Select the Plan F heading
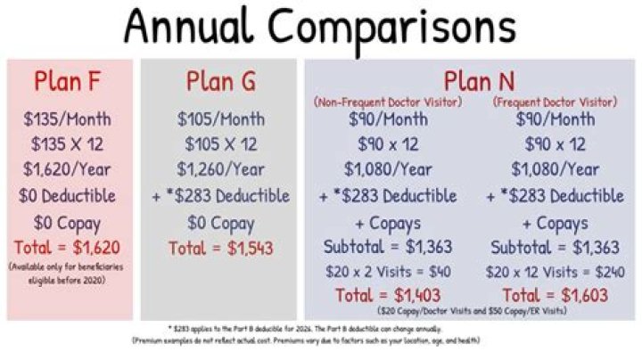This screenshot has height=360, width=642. coord(70,81)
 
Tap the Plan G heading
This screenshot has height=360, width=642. coord(221,81)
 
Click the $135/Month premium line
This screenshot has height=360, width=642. coord(70,119)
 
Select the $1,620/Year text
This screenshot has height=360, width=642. coord(70,170)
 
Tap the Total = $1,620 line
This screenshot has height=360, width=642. coord(70,247)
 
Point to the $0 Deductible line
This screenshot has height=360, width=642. coord(70,196)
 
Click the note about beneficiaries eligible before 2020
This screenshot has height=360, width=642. coord(70,273)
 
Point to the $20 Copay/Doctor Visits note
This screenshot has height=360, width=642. coord(473,312)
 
